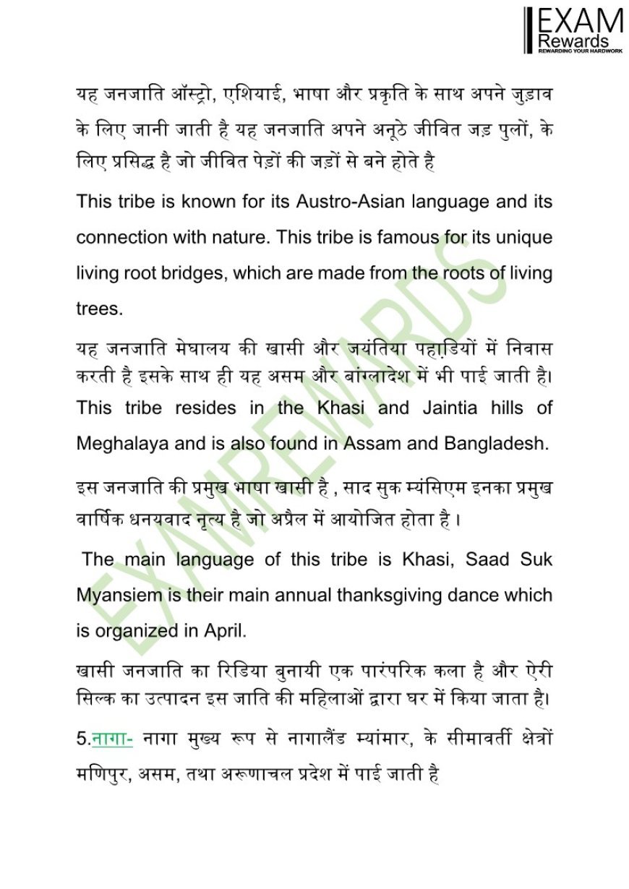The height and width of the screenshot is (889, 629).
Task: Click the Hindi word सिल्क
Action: click(96, 699)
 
